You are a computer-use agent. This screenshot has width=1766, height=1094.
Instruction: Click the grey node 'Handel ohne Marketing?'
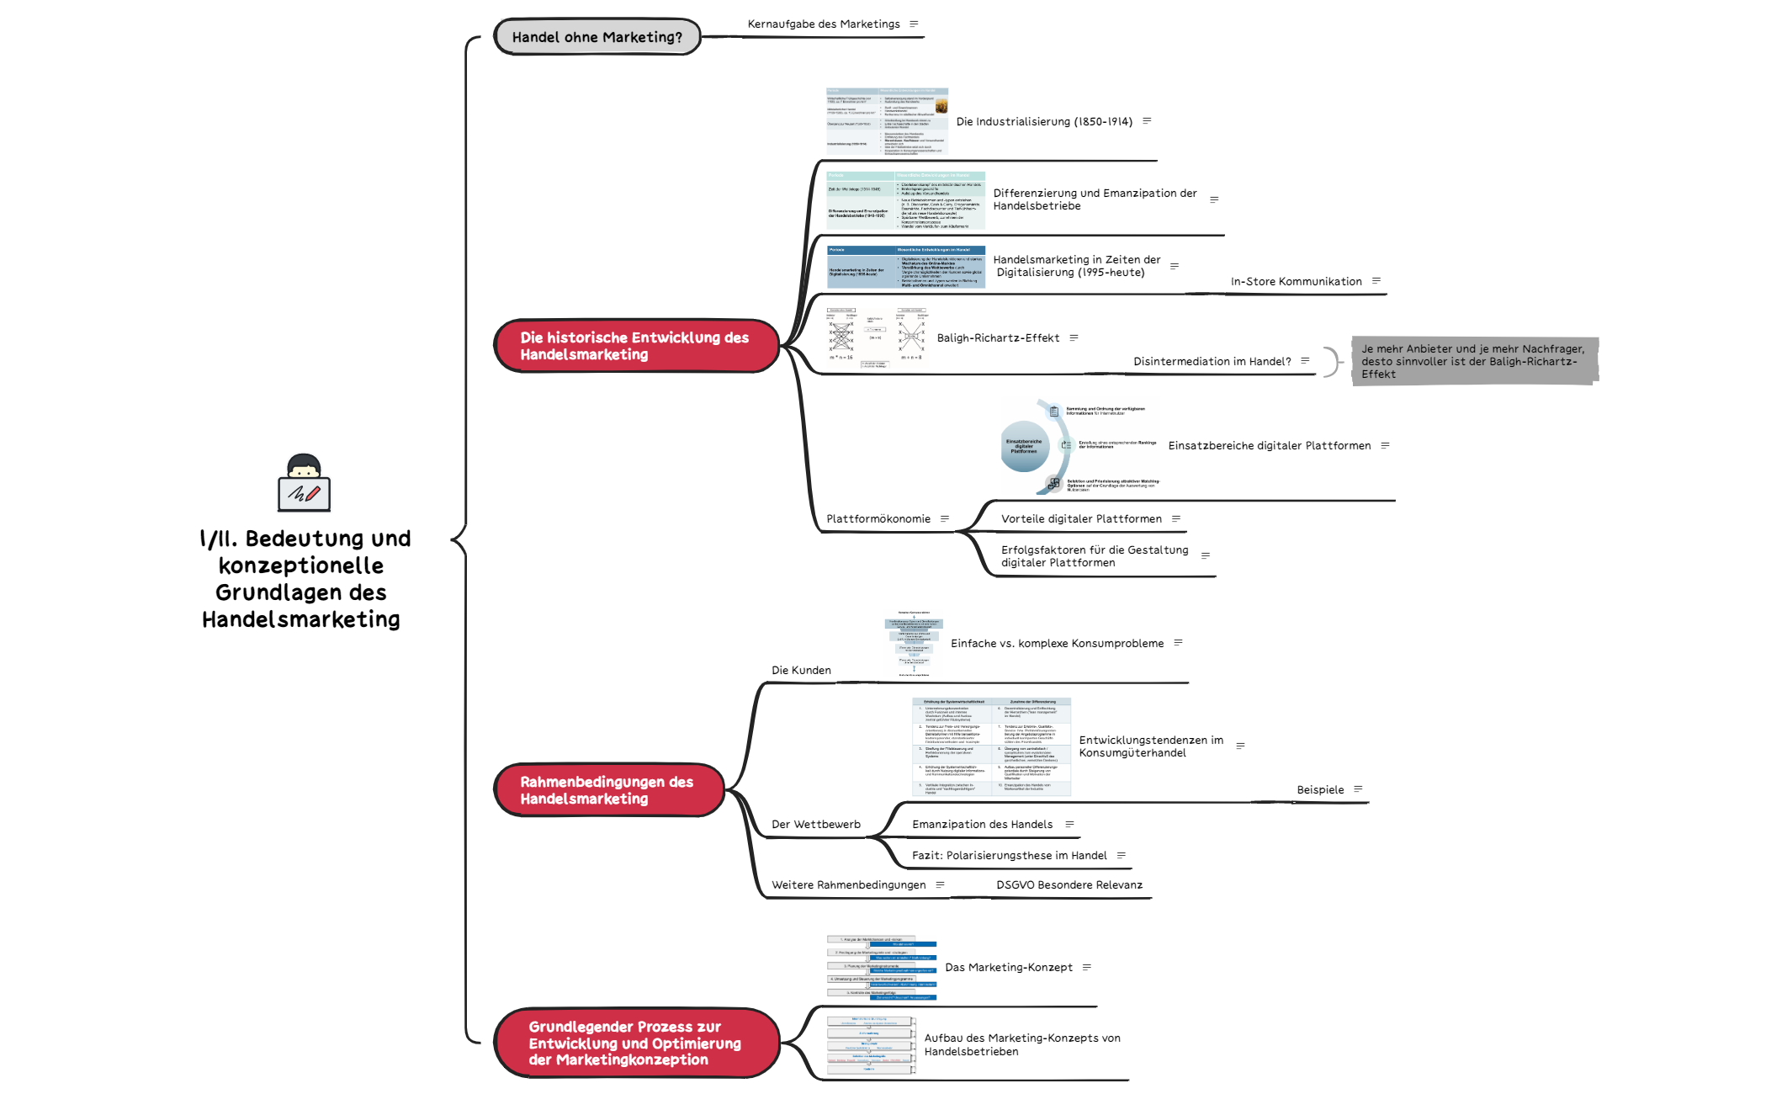pyautogui.click(x=597, y=37)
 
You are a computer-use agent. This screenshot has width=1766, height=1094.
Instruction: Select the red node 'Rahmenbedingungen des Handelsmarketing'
pyautogui.click(x=607, y=790)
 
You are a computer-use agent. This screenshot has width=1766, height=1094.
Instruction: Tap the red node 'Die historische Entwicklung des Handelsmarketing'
pyautogui.click(x=634, y=346)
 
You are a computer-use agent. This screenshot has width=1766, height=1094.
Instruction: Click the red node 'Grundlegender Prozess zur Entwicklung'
pyautogui.click(x=634, y=1043)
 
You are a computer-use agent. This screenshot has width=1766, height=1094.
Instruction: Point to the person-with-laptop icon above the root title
pyautogui.click(x=304, y=483)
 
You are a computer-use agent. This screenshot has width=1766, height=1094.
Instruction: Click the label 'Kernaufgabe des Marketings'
pyautogui.click(x=823, y=24)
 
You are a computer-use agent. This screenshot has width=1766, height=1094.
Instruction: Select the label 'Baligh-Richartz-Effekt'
pyautogui.click(x=998, y=338)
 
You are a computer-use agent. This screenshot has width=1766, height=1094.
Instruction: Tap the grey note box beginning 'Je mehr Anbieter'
pyautogui.click(x=1472, y=362)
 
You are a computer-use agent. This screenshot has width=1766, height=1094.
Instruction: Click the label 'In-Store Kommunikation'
pyautogui.click(x=1296, y=282)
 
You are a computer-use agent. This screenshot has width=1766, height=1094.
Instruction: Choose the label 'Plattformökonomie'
pyautogui.click(x=878, y=519)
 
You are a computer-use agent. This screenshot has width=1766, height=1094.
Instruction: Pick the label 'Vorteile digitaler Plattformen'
pyautogui.click(x=1081, y=519)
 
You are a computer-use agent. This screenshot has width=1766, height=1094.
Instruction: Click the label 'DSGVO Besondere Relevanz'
pyautogui.click(x=1069, y=885)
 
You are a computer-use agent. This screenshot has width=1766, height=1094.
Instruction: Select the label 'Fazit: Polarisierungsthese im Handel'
pyautogui.click(x=1009, y=856)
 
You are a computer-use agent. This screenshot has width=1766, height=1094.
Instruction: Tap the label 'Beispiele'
pyautogui.click(x=1320, y=790)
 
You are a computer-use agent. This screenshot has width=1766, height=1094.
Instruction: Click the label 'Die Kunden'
pyautogui.click(x=801, y=671)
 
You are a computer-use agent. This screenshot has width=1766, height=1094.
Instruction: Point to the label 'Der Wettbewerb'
pyautogui.click(x=815, y=825)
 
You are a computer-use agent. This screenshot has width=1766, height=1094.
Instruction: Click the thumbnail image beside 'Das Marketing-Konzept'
pyautogui.click(x=881, y=968)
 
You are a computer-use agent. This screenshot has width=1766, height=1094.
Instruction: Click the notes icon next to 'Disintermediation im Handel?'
pyautogui.click(x=1305, y=361)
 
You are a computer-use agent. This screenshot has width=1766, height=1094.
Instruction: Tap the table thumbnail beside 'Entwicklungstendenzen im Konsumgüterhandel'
pyautogui.click(x=991, y=746)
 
